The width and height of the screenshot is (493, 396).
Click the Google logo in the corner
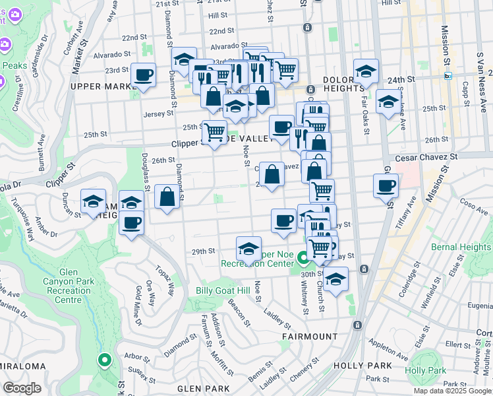coord(22,388)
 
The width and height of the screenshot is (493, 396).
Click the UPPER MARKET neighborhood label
coord(98,86)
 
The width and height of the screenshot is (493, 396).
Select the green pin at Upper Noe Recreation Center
coord(303,257)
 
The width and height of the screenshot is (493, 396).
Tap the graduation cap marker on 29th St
coord(248,248)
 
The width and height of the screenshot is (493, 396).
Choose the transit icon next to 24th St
coord(448,76)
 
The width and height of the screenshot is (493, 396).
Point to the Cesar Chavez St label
coord(426,158)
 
